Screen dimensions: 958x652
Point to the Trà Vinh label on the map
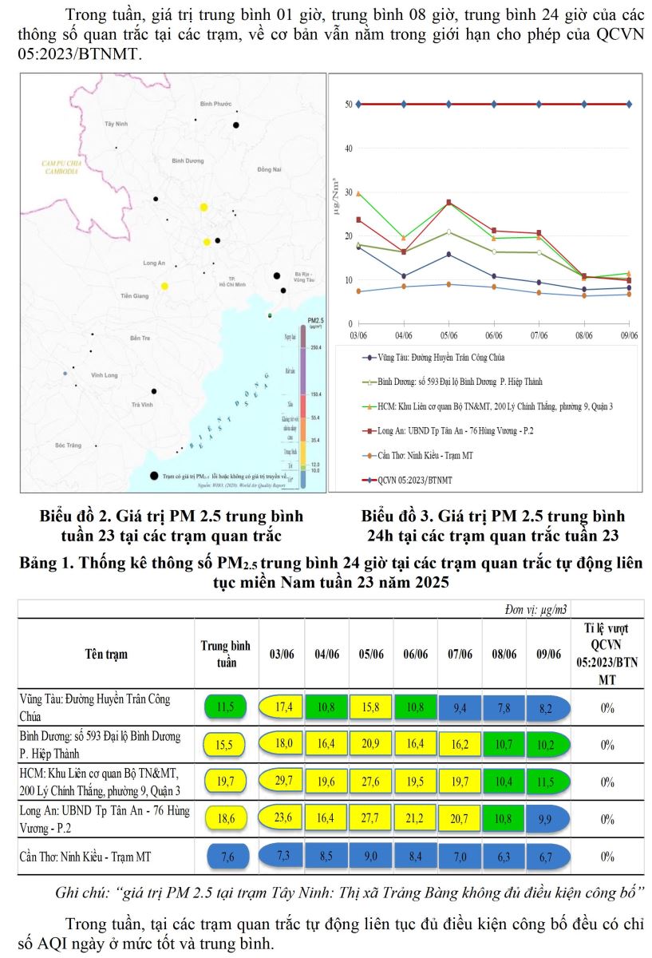[x=142, y=405]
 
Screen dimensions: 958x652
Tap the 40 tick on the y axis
[x=349, y=148]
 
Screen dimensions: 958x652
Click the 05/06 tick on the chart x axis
[x=448, y=336]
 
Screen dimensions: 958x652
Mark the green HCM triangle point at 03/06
[x=359, y=193]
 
